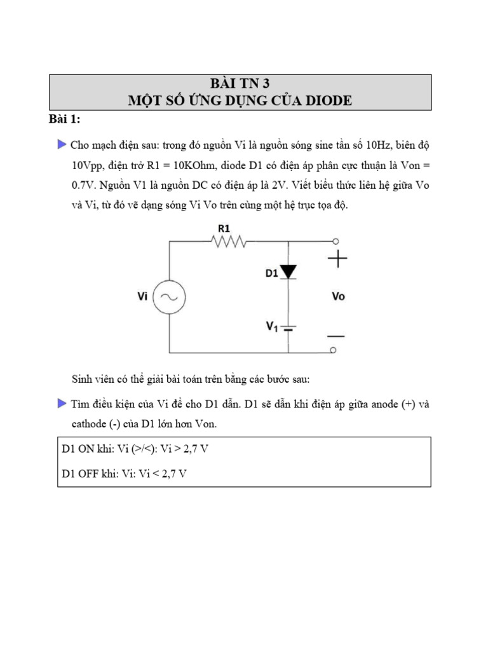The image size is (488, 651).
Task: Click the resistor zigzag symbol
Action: click(229, 241)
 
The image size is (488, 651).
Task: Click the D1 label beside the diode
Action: click(271, 273)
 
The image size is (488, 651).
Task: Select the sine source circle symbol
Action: click(170, 296)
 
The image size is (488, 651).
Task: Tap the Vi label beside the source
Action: click(144, 296)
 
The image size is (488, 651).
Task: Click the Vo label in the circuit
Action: click(338, 296)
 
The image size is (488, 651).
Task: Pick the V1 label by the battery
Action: click(272, 327)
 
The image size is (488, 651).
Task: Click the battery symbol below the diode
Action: click(289, 328)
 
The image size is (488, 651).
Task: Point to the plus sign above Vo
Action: click(337, 259)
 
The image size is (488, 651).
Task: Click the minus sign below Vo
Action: click(337, 335)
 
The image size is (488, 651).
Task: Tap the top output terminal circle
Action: click(334, 241)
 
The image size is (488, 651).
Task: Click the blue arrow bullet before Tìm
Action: click(62, 403)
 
